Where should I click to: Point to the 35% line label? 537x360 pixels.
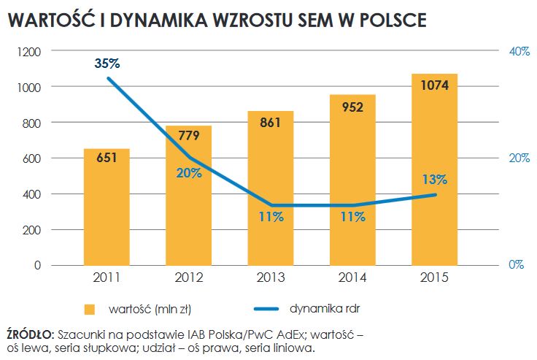[x=107, y=63]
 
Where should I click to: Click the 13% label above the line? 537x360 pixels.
[x=434, y=180]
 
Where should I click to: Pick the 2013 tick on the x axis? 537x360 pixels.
[x=270, y=278]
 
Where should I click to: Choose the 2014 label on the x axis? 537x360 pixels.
[x=352, y=278]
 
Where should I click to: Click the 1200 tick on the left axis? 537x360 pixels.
[x=28, y=52]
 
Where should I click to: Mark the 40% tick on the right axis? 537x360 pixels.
[x=519, y=52]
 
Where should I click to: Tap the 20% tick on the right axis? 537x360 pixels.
[x=519, y=158]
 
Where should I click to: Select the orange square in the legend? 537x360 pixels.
[x=90, y=309]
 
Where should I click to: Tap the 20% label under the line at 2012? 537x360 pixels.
[x=188, y=173]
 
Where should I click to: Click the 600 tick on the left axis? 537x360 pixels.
[x=31, y=158]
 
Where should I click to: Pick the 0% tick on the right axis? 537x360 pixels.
[x=517, y=265]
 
